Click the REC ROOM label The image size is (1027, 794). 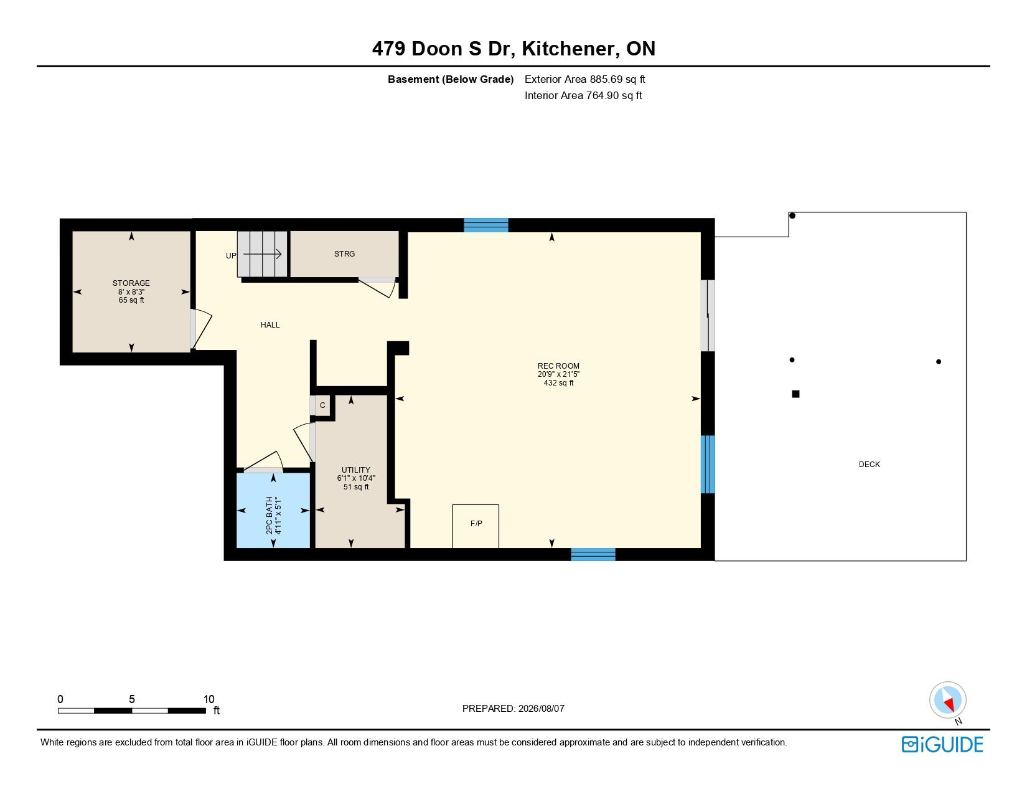pyautogui.click(x=558, y=366)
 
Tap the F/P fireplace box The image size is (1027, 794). pyautogui.click(x=476, y=526)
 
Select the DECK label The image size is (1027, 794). pyautogui.click(x=869, y=465)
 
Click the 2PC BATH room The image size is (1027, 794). pyautogui.click(x=273, y=511)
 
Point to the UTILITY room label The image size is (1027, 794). pyautogui.click(x=356, y=470)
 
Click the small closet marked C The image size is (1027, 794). pyautogui.click(x=322, y=405)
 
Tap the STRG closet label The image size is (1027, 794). pyautogui.click(x=344, y=254)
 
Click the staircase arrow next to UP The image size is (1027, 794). pyautogui.click(x=262, y=255)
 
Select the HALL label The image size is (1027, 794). pyautogui.click(x=270, y=325)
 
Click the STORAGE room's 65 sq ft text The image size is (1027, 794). pyautogui.click(x=131, y=300)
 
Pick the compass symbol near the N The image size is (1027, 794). pyautogui.click(x=947, y=701)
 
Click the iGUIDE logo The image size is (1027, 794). pyautogui.click(x=942, y=745)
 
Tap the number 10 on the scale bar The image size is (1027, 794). pyautogui.click(x=209, y=699)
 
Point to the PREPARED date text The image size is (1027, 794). pyautogui.click(x=513, y=709)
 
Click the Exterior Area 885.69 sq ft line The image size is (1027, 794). pyautogui.click(x=584, y=80)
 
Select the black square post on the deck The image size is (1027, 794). pyautogui.click(x=796, y=394)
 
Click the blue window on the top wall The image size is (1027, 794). pyautogui.click(x=486, y=225)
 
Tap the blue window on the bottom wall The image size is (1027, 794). pyautogui.click(x=593, y=554)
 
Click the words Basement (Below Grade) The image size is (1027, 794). pyautogui.click(x=451, y=80)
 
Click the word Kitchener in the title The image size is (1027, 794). pyautogui.click(x=568, y=49)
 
